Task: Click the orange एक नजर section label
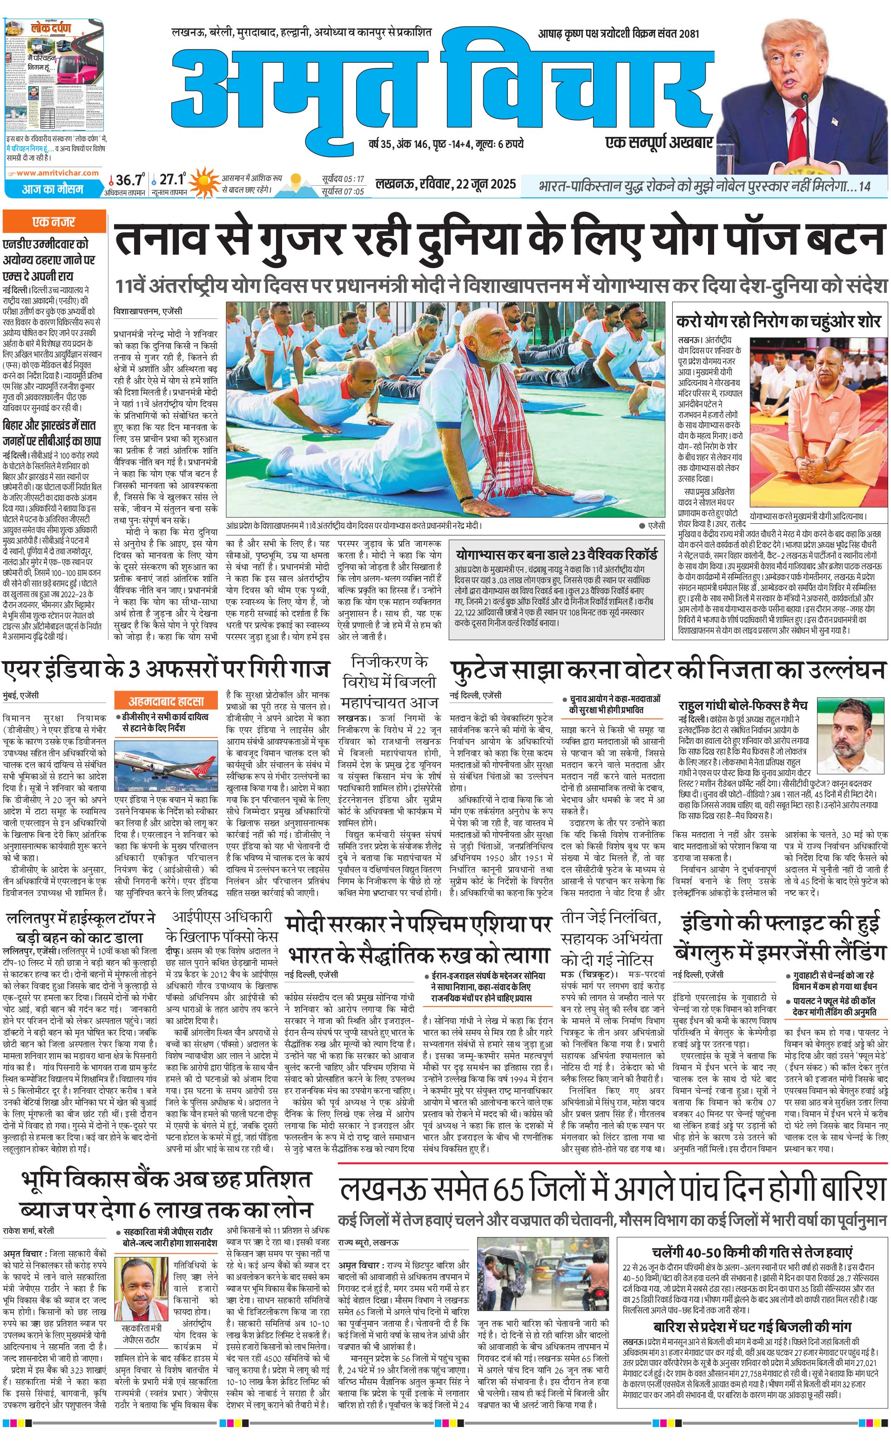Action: point(54,222)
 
